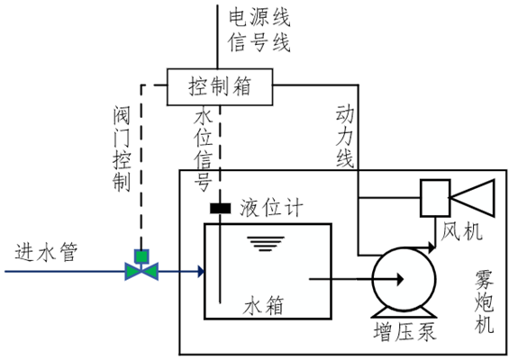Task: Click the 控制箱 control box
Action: (x=219, y=86)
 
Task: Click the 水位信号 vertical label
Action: (x=204, y=149)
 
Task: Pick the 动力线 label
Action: (x=346, y=135)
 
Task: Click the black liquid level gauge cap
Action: (x=220, y=209)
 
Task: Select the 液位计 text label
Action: (x=271, y=209)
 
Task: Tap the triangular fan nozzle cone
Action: (x=477, y=196)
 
